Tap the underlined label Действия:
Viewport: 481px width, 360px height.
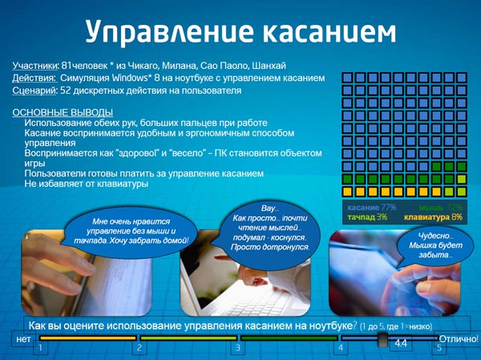pos(34,78)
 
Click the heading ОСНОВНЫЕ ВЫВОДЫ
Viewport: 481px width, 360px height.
pos(63,112)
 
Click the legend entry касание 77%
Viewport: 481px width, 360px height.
pos(371,207)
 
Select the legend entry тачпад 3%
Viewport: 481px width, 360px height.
pos(367,217)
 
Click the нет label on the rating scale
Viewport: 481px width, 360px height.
pos(23,340)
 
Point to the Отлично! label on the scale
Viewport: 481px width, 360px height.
pos(459,340)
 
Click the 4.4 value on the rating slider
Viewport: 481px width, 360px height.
pos(401,343)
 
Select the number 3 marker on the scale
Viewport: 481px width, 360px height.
pos(237,348)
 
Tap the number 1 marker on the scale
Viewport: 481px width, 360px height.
pos(39,348)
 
